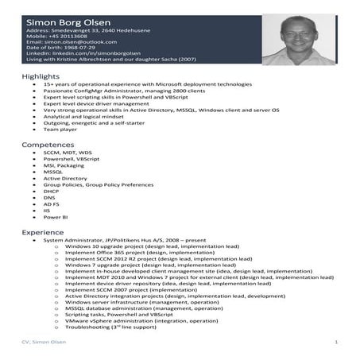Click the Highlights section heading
pos(41,75)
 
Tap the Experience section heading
pos(43,231)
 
